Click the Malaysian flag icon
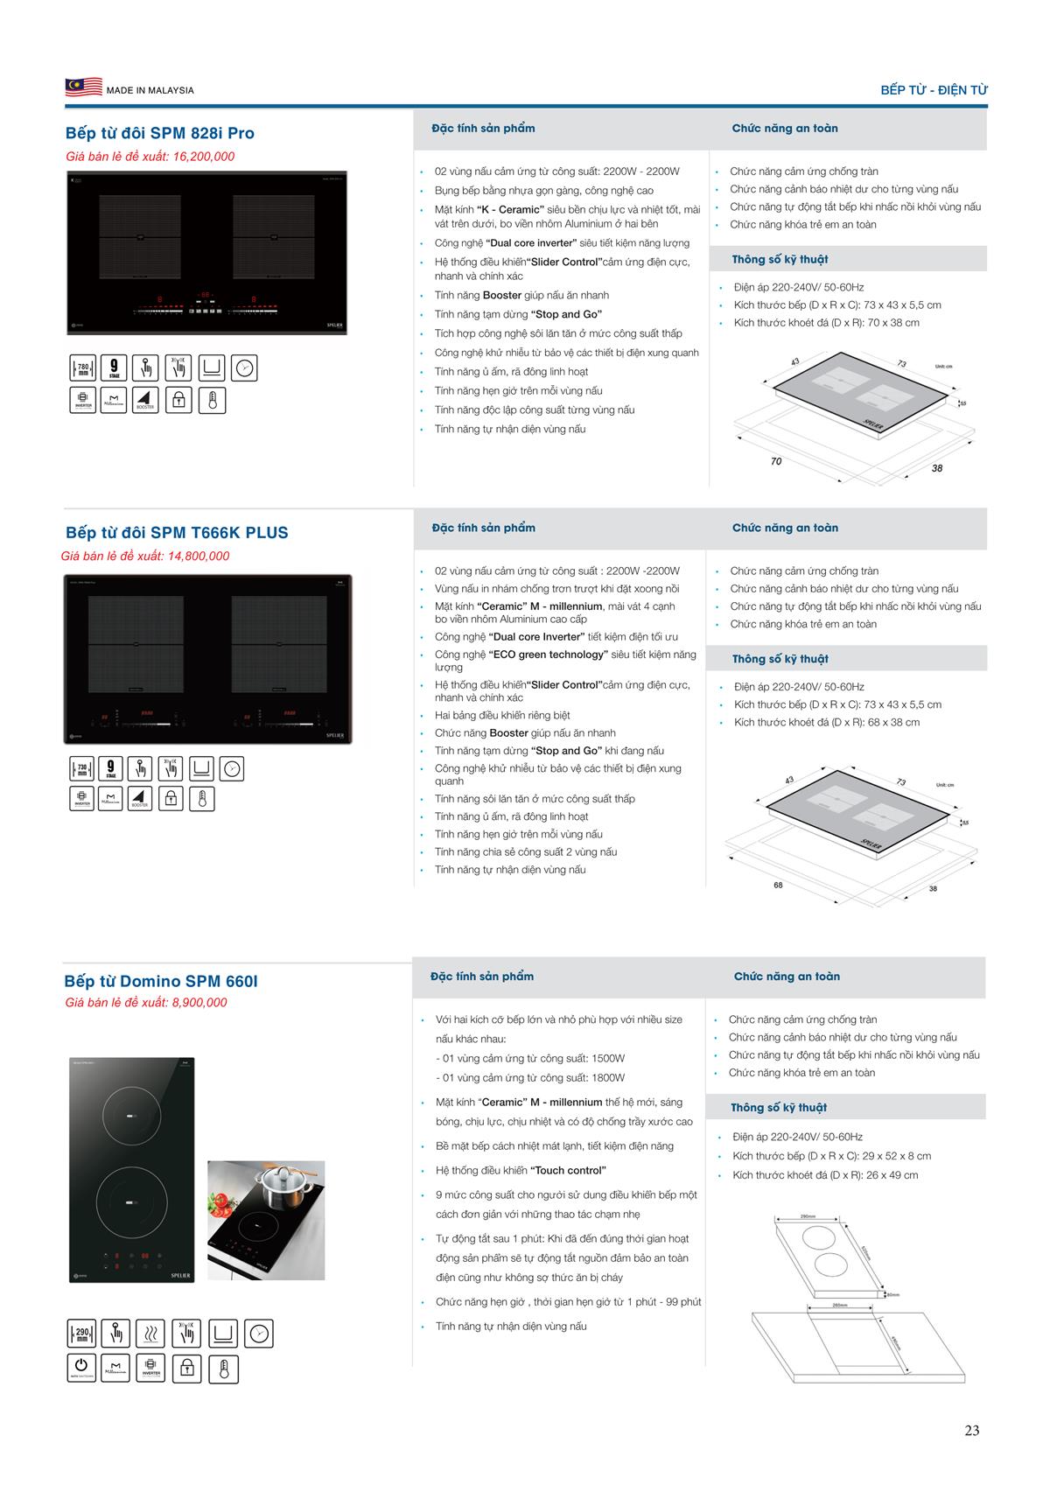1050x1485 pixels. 84,88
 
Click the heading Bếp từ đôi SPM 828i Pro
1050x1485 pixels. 160,133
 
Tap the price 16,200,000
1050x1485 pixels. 204,157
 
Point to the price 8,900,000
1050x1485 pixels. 199,1003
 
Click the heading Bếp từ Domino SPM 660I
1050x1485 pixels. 161,982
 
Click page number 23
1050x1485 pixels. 971,1431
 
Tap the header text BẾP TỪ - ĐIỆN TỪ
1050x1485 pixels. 934,90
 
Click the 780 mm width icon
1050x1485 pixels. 83,369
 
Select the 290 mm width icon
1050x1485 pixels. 81,1334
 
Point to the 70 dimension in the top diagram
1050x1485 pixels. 776,461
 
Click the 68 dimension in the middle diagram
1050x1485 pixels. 778,885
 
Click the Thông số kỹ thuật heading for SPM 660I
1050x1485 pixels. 779,1108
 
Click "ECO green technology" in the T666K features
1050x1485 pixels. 548,655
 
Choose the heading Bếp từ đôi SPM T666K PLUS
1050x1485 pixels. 177,533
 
